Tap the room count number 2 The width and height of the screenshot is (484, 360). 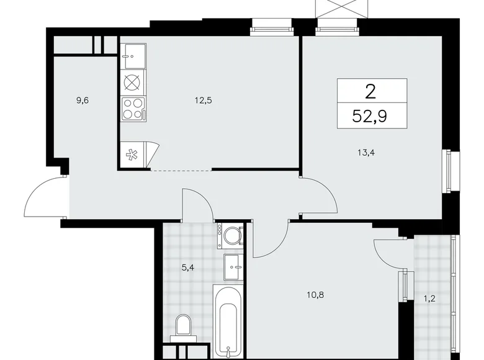click(371, 92)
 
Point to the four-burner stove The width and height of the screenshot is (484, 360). click(132, 108)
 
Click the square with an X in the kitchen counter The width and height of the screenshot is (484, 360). click(132, 81)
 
